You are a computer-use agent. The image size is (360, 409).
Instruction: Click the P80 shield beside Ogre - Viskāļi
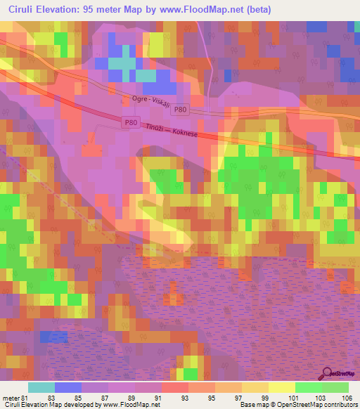(181, 110)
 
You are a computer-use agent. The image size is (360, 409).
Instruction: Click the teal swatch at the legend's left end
(41, 387)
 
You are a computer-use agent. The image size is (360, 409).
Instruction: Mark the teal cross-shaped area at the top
(125, 63)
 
